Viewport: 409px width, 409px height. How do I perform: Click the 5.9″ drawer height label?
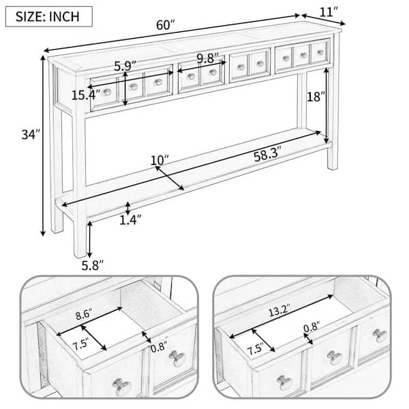(125, 66)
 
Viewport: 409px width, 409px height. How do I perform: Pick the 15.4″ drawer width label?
(85, 95)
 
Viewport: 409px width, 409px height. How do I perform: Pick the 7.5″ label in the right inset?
(256, 350)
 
